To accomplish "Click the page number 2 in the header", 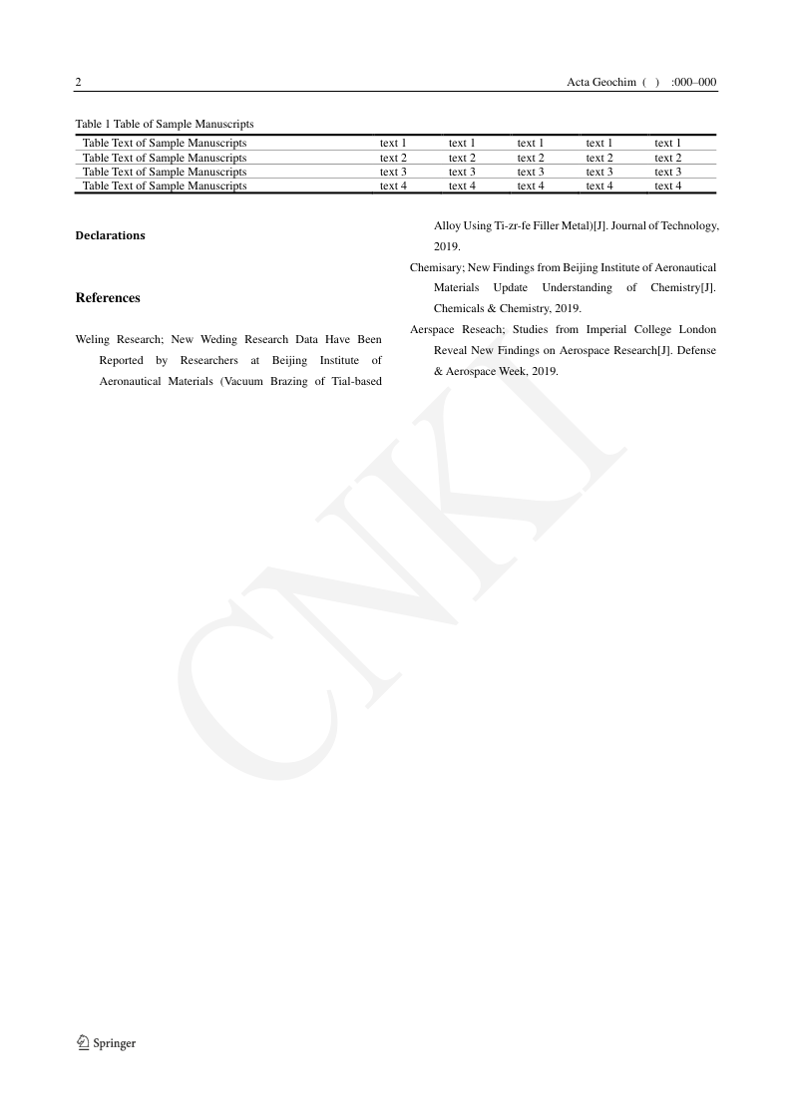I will point(79,82).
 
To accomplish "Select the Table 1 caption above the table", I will point(165,124).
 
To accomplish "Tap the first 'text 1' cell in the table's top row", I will point(393,143).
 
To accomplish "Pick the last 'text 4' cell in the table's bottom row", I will point(667,186).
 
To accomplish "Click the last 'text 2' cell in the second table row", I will point(667,158).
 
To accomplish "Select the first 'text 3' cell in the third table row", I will point(393,172).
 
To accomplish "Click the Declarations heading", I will point(110,235).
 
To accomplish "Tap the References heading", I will point(108,297).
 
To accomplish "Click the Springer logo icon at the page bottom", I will point(83,1042).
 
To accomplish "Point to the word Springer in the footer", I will point(115,1043).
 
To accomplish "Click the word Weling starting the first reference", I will point(93,339).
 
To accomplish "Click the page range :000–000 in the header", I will point(694,82).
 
